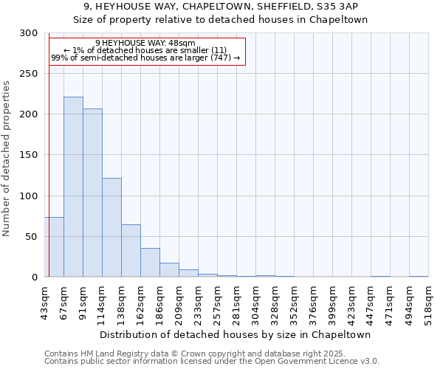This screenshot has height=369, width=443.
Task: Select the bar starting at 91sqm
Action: (x=92, y=193)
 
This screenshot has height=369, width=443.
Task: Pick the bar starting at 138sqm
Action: (x=131, y=251)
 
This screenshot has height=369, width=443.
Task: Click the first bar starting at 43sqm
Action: (x=54, y=247)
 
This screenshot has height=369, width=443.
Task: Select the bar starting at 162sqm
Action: (x=150, y=263)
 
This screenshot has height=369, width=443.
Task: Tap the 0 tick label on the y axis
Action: (x=35, y=277)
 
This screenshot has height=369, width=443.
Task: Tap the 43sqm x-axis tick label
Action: (x=44, y=303)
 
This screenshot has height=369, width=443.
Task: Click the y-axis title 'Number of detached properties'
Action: (x=7, y=159)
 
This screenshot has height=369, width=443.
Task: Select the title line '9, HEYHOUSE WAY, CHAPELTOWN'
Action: (x=221, y=7)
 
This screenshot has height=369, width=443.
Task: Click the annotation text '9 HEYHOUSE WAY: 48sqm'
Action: (x=145, y=44)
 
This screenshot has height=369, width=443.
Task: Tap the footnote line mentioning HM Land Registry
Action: (x=210, y=354)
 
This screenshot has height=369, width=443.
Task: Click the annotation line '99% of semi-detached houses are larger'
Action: (x=145, y=58)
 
